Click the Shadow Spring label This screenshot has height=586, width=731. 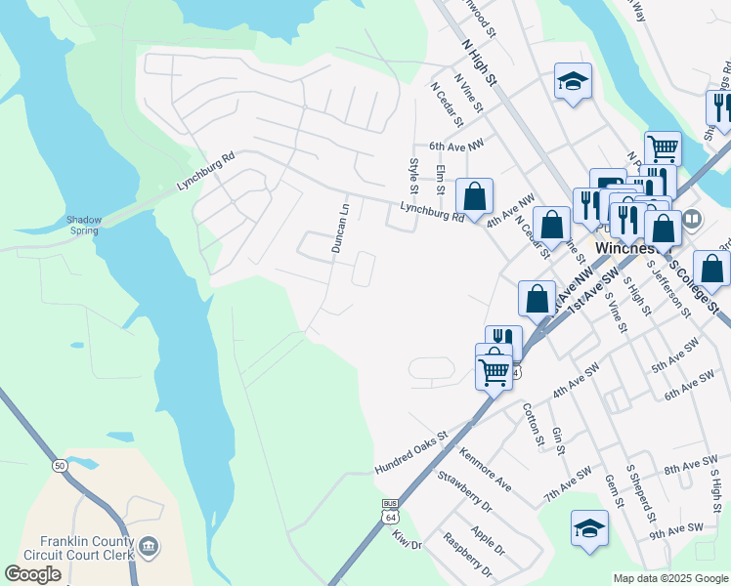coord(84,225)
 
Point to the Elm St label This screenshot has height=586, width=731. coord(441,180)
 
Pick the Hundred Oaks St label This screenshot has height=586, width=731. coord(410,455)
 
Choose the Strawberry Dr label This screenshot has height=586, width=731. coord(463,491)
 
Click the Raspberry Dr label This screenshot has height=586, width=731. coord(467,552)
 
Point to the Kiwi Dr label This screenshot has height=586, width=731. coord(407,538)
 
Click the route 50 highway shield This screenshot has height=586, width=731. coord(60,467)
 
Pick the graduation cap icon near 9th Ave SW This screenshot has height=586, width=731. coord(589,529)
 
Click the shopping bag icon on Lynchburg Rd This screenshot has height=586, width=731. coord(474,196)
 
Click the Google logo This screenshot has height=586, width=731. coord(32,574)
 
